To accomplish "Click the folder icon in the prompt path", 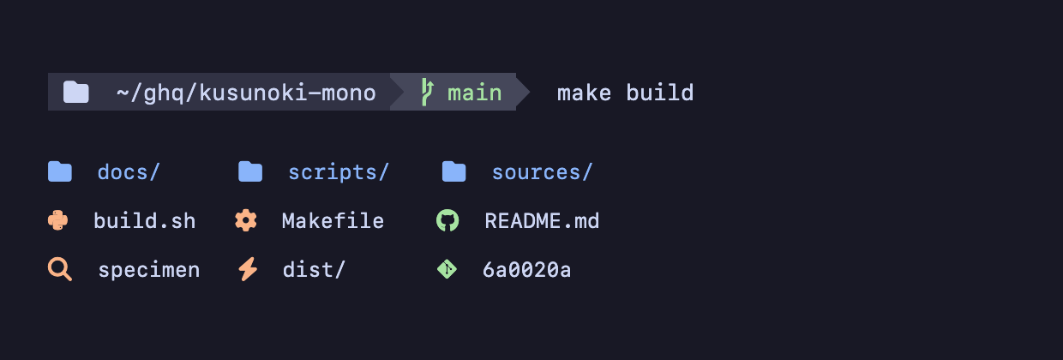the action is [x=76, y=92].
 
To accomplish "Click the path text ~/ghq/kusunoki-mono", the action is [x=246, y=93].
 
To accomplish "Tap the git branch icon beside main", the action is [x=427, y=92].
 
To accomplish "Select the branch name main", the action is [x=475, y=93].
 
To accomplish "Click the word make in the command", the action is [x=584, y=93].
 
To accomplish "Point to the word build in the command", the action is [x=659, y=93].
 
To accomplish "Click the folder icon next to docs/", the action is [x=60, y=171].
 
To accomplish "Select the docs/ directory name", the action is [x=129, y=172].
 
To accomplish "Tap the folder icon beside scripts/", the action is [x=250, y=171].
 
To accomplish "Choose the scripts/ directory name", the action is [x=339, y=172].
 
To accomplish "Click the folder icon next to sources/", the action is [x=453, y=171].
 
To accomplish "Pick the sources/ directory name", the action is [x=542, y=172].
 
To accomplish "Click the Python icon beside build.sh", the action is [x=58, y=220].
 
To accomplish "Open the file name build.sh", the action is [x=144, y=221].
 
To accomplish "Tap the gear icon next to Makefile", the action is [x=246, y=220].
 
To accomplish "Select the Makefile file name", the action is [x=333, y=221].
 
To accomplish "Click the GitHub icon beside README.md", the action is [x=447, y=220].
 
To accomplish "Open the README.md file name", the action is [x=542, y=221].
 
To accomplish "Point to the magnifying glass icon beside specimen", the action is [x=60, y=269].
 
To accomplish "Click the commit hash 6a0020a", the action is [x=526, y=270].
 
